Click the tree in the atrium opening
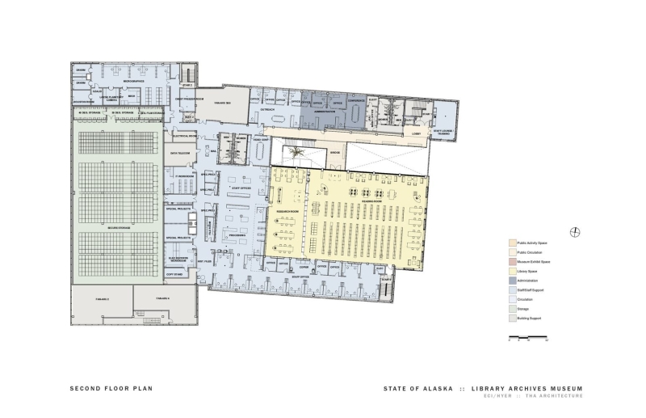pyautogui.click(x=296, y=151)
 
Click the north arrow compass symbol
pyautogui.click(x=574, y=233)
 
